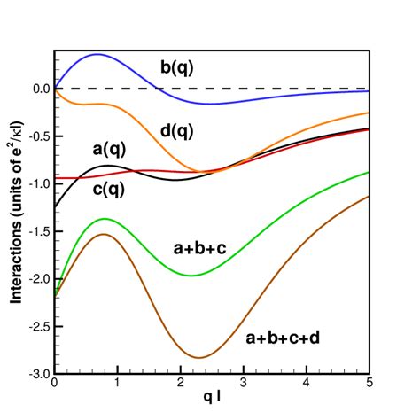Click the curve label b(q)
[x=178, y=66]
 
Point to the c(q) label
[x=111, y=189]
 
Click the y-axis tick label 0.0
[x=39, y=89]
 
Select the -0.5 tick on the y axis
[x=37, y=136]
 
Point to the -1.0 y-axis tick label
[x=37, y=184]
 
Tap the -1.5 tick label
[x=37, y=231]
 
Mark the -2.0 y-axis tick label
[x=37, y=279]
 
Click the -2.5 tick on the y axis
[x=37, y=327]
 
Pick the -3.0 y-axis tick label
[x=37, y=374]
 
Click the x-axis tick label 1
[x=118, y=385]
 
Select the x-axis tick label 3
[x=243, y=385]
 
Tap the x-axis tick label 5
[x=369, y=385]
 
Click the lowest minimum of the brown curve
[x=200, y=358]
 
